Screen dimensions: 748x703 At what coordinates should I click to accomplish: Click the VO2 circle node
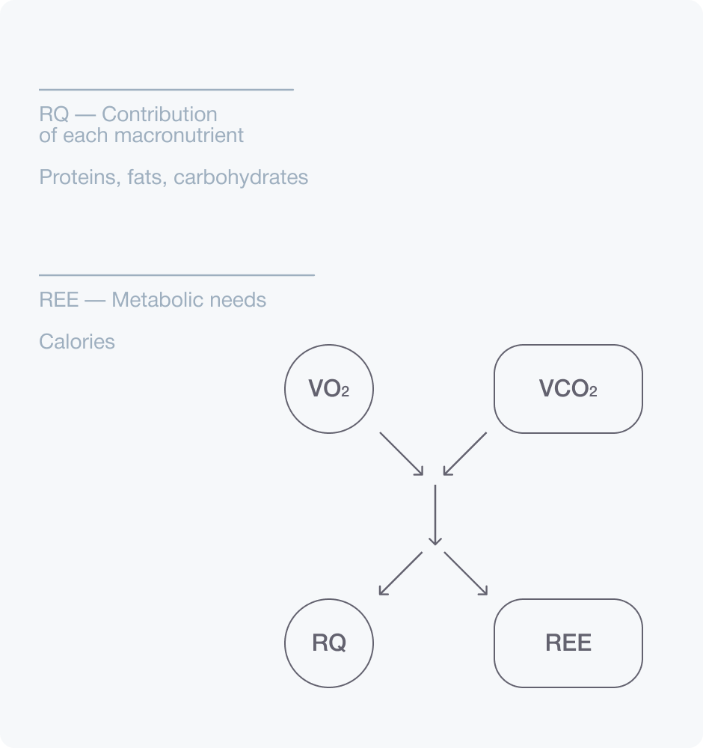click(x=329, y=389)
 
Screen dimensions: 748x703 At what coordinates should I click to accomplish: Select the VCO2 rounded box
click(x=568, y=389)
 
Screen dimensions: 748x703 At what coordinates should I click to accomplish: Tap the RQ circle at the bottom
click(x=329, y=643)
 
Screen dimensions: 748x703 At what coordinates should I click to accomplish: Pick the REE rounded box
click(x=568, y=643)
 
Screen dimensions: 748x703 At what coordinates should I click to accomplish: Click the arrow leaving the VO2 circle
click(x=402, y=453)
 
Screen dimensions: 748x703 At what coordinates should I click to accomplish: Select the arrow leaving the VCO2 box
click(x=465, y=453)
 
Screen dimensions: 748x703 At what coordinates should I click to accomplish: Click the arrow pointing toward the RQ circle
click(x=401, y=574)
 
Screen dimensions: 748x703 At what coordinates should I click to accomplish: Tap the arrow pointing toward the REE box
click(x=466, y=574)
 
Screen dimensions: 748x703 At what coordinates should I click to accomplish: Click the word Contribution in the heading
click(x=159, y=114)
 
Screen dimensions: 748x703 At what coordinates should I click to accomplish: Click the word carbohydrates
click(x=241, y=177)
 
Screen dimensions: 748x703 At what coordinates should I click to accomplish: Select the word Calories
click(x=77, y=342)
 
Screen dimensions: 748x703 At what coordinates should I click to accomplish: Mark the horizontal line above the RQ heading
click(x=166, y=90)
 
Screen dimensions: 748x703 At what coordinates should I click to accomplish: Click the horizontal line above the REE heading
click(x=176, y=275)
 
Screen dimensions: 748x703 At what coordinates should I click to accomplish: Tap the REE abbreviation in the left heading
click(x=58, y=300)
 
